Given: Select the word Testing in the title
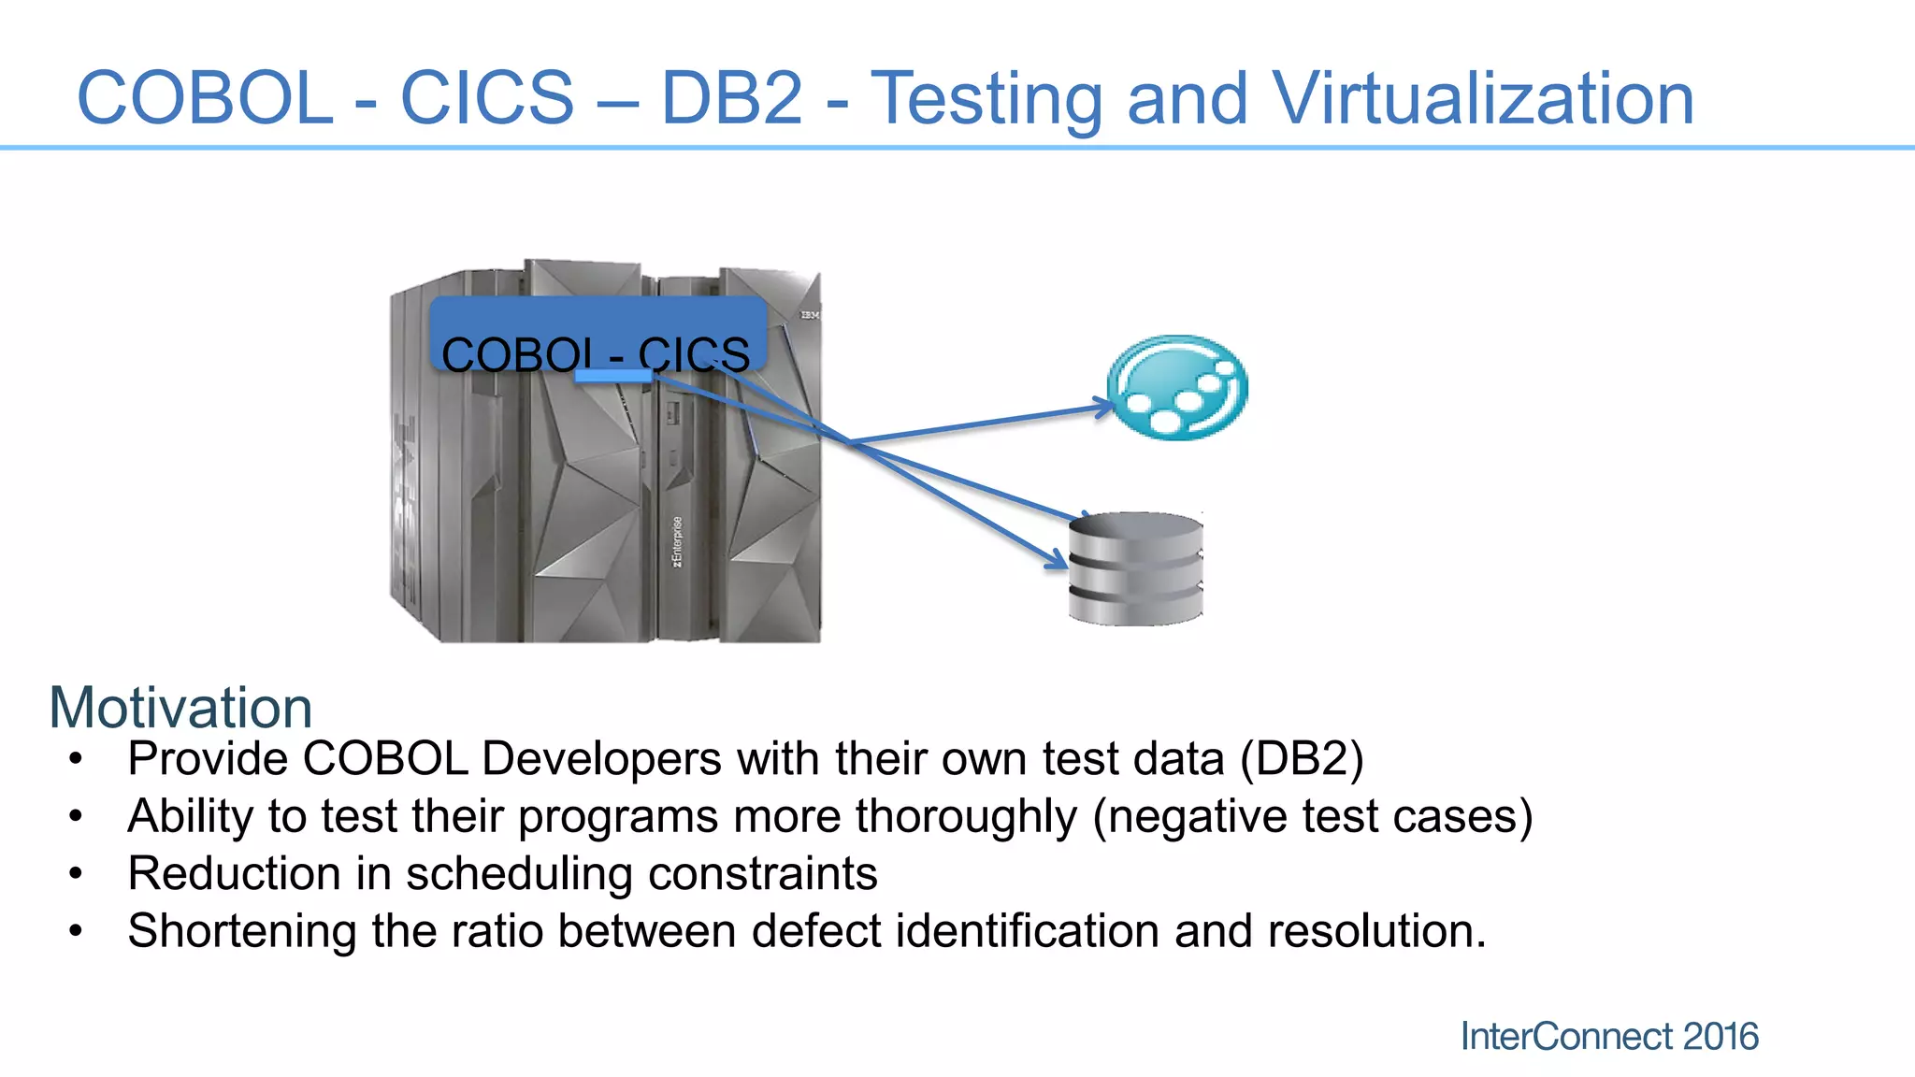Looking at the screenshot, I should pyautogui.click(x=986, y=101).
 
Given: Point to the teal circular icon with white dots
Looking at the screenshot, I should pyautogui.click(x=1177, y=387).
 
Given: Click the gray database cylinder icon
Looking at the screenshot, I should pyautogui.click(x=1135, y=568).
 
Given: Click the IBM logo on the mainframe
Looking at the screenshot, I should pyautogui.click(x=808, y=315).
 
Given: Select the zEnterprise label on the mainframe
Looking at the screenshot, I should pyautogui.click(x=677, y=541).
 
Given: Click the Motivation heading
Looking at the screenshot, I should pyautogui.click(x=180, y=708).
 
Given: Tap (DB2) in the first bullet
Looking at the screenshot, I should pyautogui.click(x=1302, y=758).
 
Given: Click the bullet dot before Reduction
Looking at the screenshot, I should pyautogui.click(x=76, y=874).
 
